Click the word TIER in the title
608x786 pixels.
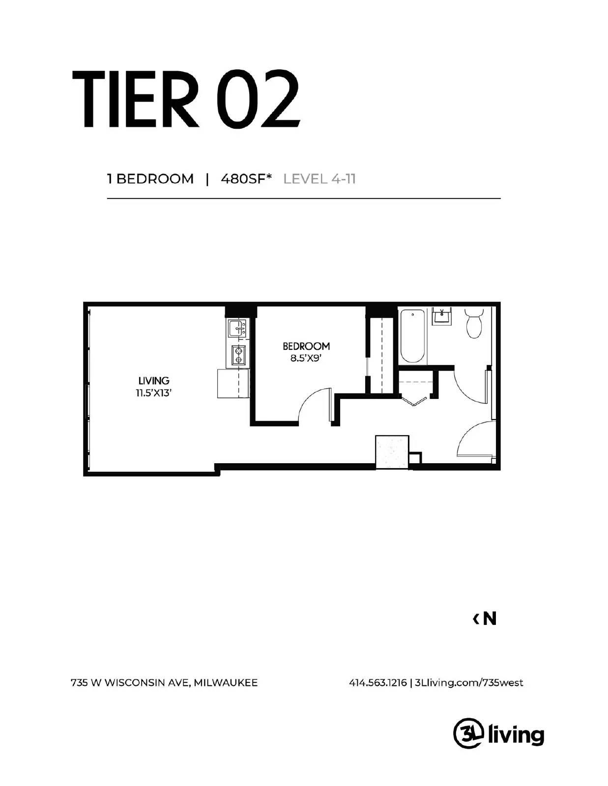click(135, 99)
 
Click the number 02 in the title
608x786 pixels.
click(259, 99)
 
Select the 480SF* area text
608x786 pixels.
click(246, 179)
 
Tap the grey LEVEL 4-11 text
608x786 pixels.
click(319, 179)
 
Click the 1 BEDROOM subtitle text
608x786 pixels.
click(150, 179)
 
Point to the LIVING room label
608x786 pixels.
click(153, 381)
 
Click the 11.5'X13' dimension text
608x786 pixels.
click(153, 393)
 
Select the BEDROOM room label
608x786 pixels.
click(306, 346)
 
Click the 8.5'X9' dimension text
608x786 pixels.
click(306, 358)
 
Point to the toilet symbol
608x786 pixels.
click(474, 323)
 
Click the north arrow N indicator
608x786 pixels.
click(485, 619)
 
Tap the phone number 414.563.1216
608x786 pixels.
click(377, 683)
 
